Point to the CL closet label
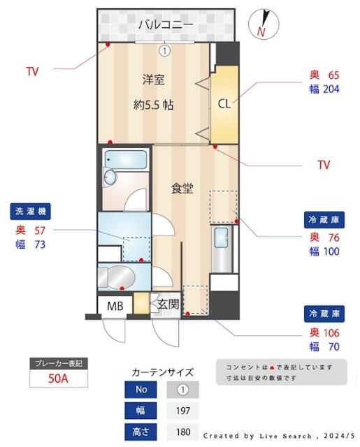(224, 104)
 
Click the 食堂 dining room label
(182, 188)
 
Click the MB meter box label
(115, 305)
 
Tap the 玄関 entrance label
(167, 304)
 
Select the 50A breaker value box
(59, 379)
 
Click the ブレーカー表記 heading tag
(59, 363)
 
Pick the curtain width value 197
(183, 410)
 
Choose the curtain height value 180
(183, 432)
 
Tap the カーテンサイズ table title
(162, 372)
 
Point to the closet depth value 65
(333, 75)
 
